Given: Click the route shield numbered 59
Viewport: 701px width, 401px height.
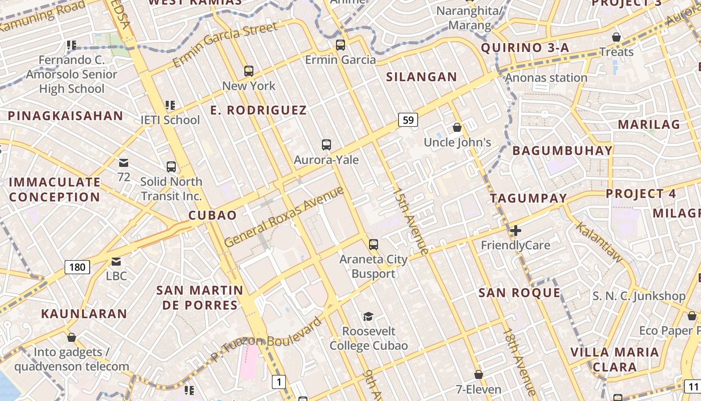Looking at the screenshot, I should (408, 120).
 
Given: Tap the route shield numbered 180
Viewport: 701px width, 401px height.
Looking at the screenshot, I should (77, 267).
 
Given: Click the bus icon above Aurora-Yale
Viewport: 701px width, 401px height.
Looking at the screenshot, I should (326, 145).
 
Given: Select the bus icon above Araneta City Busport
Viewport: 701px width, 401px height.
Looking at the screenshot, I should (374, 245).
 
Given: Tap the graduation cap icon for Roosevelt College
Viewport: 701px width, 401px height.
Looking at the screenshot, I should (369, 316).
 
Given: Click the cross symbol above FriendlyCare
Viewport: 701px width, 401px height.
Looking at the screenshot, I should (516, 231).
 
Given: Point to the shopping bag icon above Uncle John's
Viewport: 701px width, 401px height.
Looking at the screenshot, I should (457, 127).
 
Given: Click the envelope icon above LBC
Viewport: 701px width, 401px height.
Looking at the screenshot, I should (116, 261).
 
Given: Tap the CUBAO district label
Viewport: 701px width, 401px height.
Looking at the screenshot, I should (212, 216).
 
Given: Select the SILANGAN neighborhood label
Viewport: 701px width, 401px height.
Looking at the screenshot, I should (422, 77).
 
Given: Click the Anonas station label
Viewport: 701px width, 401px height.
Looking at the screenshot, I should (546, 78).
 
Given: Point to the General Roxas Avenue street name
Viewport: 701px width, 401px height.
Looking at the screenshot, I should (284, 216).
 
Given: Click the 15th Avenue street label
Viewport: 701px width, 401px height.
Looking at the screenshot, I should (411, 221).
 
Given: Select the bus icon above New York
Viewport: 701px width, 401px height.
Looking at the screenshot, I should (249, 71).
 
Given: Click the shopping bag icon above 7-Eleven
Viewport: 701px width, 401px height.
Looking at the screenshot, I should (479, 374).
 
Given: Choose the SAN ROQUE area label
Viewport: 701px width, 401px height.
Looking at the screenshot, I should (519, 293).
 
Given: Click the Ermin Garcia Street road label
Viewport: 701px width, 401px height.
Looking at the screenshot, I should (225, 45).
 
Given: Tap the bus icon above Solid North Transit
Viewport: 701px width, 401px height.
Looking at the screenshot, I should (171, 166).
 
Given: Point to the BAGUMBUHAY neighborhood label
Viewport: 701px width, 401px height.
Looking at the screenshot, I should (562, 150).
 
